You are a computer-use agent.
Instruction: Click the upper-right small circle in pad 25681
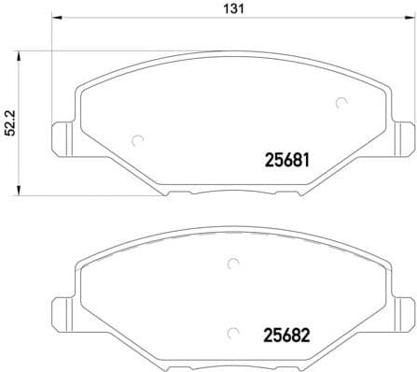pos(341,103)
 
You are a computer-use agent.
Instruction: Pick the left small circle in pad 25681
pos(137,140)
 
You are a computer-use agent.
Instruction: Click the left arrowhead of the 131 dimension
pos(54,20)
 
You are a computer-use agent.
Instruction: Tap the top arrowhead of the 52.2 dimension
pos(20,52)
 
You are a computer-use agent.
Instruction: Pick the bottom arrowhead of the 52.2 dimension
pos(20,193)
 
